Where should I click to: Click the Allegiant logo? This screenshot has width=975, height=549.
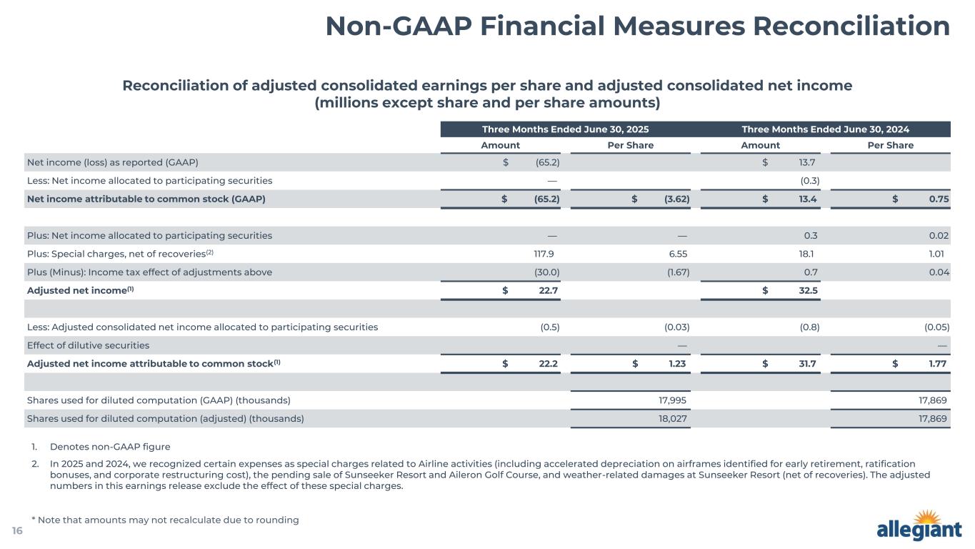919,528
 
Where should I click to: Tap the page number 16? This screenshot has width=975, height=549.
17,530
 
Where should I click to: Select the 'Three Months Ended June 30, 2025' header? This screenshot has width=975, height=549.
565,129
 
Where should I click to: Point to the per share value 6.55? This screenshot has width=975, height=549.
676,254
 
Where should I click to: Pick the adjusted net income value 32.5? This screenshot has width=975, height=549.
806,290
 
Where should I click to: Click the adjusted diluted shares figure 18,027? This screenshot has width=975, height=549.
674,419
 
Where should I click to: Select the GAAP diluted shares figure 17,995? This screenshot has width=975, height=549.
674,400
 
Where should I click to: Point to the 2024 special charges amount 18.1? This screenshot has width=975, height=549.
809,254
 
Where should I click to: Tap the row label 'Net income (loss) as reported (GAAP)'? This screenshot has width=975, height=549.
112,162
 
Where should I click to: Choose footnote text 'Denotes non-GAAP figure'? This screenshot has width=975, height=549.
110,447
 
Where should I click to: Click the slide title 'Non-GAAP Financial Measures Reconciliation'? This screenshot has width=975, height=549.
637,26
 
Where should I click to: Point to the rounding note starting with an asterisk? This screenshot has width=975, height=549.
165,520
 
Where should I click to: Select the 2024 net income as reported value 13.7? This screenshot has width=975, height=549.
808,162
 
